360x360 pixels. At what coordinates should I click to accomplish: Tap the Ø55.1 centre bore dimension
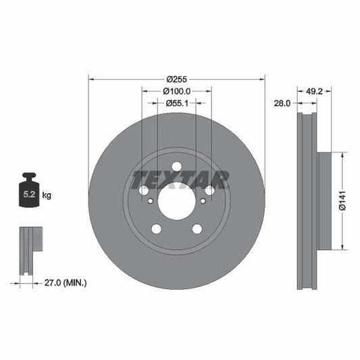[x=176, y=103]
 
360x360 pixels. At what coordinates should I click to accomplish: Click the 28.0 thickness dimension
[x=283, y=103]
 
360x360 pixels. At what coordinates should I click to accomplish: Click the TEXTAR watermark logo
[x=180, y=180]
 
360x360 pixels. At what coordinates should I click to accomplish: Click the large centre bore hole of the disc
[x=176, y=201]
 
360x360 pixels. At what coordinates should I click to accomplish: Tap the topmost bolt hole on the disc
[x=176, y=167]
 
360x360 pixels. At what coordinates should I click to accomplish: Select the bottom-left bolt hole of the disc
[x=157, y=228]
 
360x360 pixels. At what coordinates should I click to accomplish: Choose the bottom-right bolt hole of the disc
[x=197, y=228]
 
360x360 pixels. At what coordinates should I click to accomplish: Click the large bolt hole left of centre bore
[x=144, y=190]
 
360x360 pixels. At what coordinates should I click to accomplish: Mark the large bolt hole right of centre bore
[x=209, y=190]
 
